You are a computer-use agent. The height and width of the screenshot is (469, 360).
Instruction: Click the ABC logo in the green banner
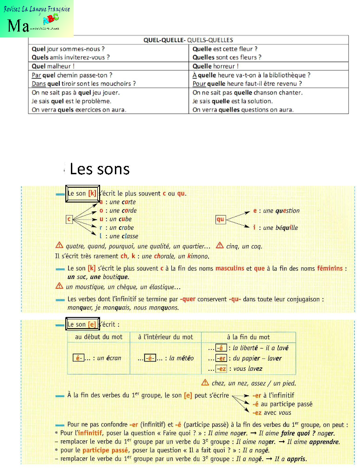pyautogui.click(x=51, y=19)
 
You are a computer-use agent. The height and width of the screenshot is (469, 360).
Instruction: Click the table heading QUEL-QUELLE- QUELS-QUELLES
pyautogui.click(x=188, y=40)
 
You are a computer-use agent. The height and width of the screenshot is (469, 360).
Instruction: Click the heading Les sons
pyautogui.click(x=100, y=169)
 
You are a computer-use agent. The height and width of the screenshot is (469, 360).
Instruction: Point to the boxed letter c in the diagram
pyautogui.click(x=69, y=219)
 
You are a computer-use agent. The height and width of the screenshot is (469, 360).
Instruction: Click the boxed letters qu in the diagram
pyautogui.click(x=220, y=219)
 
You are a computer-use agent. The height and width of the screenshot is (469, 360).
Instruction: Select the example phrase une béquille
pyautogui.click(x=280, y=228)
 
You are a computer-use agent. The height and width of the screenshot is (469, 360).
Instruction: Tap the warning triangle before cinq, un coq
pyautogui.click(x=220, y=246)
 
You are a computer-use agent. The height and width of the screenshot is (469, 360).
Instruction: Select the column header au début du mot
pyautogui.click(x=99, y=337)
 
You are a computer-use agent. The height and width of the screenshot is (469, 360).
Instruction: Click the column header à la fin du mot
pyautogui.click(x=248, y=337)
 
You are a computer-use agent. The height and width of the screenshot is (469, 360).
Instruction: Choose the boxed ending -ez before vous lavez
pyautogui.click(x=221, y=368)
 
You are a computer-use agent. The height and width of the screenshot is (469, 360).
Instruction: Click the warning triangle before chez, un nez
pyautogui.click(x=205, y=383)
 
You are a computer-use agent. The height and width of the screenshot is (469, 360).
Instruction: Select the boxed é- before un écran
pyautogui.click(x=79, y=358)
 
